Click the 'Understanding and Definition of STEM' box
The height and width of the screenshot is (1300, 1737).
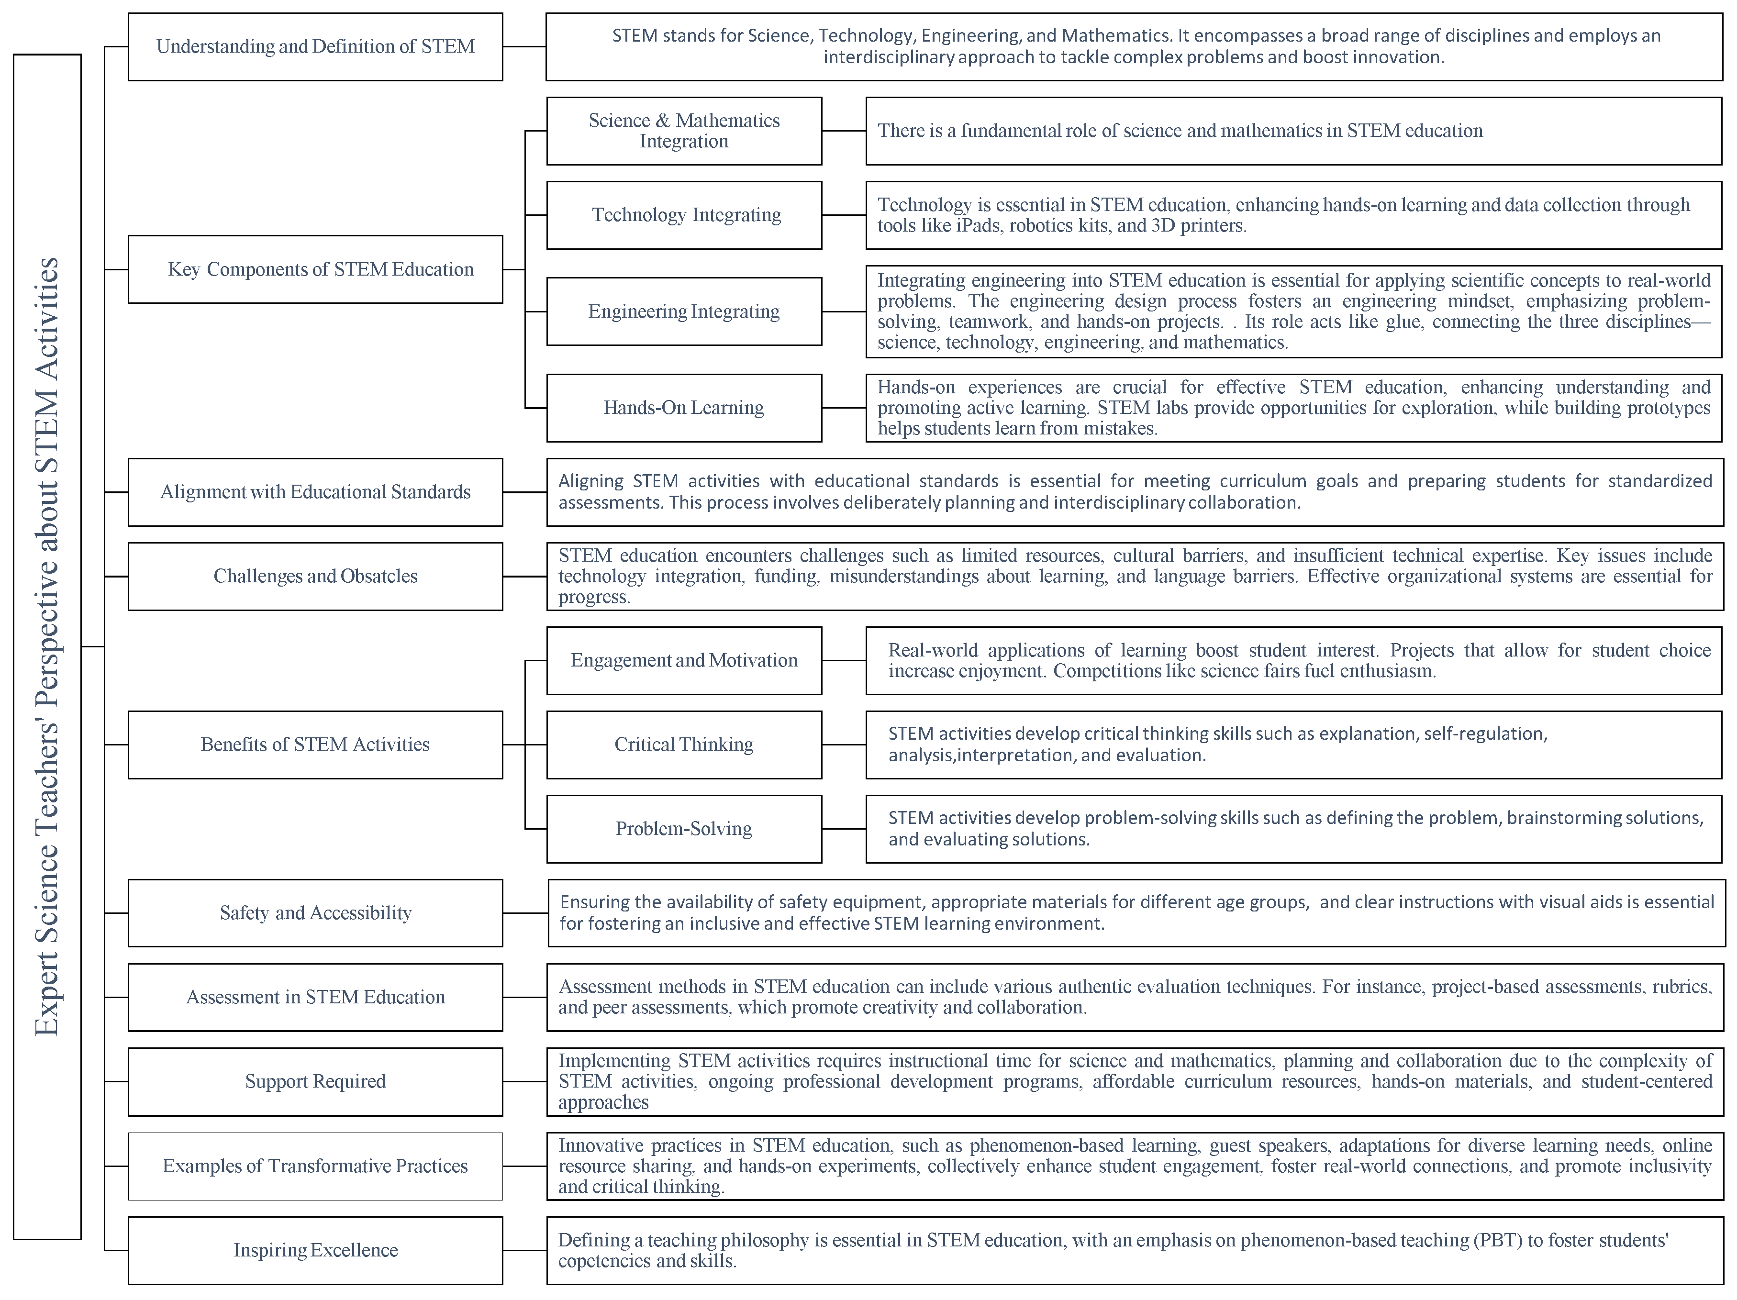tap(315, 47)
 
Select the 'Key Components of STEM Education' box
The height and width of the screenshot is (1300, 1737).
tap(315, 269)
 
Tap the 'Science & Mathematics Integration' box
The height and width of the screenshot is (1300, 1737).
tap(684, 131)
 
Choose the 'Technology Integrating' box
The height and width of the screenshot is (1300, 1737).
tap(684, 215)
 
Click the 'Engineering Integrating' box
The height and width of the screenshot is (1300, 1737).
tap(684, 311)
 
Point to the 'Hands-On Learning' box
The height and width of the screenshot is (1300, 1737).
tap(684, 408)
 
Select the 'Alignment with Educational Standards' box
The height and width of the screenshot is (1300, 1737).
tap(315, 492)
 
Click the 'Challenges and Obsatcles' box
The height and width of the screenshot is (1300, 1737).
tap(315, 576)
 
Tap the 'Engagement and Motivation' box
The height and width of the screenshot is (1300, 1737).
tap(684, 661)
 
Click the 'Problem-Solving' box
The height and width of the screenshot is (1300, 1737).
tap(684, 829)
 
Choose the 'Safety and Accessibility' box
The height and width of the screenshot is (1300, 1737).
tap(315, 913)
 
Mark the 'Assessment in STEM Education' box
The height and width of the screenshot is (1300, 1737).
tap(315, 998)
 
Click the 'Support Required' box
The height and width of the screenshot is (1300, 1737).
tap(315, 1082)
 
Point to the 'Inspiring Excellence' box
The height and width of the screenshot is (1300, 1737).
tap(315, 1251)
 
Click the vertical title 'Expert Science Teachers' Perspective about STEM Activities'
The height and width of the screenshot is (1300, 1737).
tap(47, 647)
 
